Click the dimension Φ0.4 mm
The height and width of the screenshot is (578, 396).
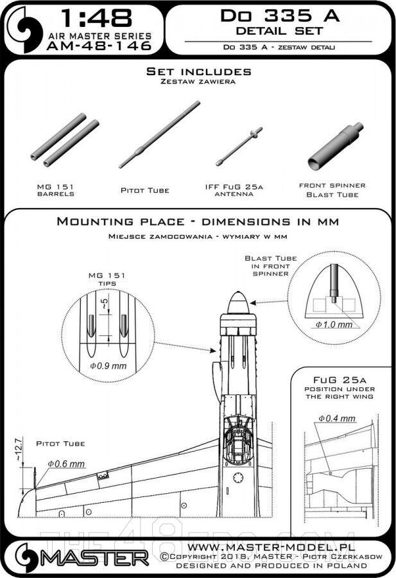337,419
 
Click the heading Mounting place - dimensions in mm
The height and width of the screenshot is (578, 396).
198,222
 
